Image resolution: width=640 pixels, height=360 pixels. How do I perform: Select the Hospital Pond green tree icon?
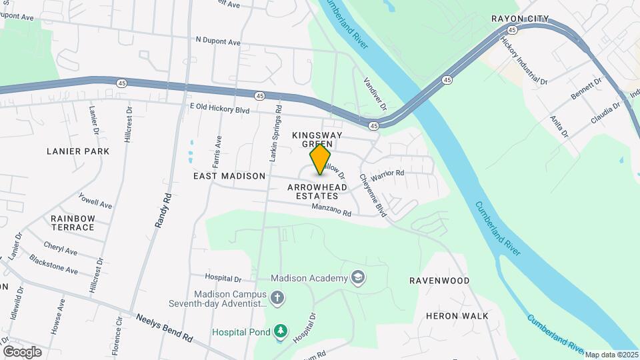(281, 331)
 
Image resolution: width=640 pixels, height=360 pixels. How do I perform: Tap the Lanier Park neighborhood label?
(78, 151)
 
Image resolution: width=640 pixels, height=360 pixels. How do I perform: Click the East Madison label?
(229, 176)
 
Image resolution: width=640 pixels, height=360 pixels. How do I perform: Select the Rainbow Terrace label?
(73, 223)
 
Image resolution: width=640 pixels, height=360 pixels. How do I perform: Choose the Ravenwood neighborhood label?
(439, 281)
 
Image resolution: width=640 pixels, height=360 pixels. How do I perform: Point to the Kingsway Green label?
(317, 139)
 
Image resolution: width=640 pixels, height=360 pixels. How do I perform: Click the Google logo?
(22, 352)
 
